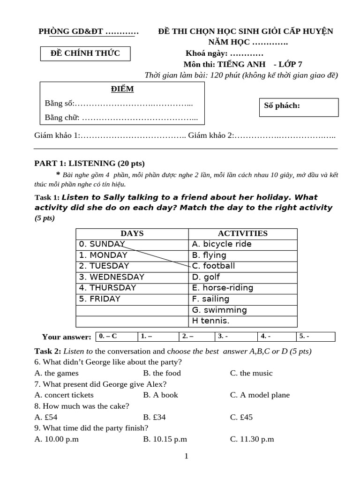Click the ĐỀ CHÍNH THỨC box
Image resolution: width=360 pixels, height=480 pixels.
(85, 53)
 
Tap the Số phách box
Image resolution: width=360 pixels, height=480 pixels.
(299, 107)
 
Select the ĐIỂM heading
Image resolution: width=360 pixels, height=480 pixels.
(122, 89)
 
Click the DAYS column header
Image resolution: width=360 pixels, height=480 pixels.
(132, 233)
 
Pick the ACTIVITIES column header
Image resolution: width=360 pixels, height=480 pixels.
(242, 233)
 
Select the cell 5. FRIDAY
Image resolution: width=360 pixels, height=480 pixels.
(99, 299)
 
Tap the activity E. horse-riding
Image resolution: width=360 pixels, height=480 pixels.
(222, 288)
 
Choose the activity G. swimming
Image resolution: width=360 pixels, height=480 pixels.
(219, 310)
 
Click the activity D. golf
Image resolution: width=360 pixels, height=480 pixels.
(206, 277)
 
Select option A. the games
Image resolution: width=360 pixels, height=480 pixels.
(57, 373)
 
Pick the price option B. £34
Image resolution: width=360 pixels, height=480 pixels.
(155, 417)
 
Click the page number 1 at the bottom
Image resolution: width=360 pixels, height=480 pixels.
(186, 456)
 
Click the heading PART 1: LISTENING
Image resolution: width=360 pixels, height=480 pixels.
(90, 164)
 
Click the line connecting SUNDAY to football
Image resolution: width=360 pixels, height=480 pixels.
(157, 255)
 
